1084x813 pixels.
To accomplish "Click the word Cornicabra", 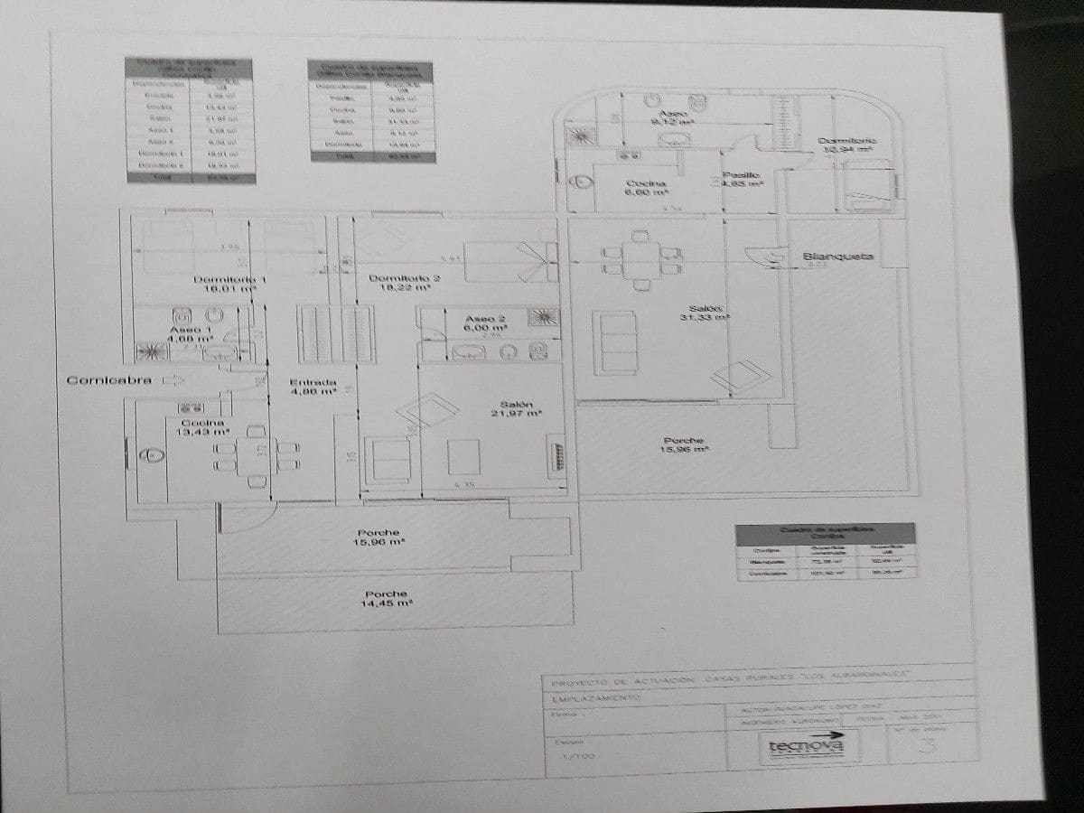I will [x=108, y=380].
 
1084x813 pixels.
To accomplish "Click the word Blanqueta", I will [x=838, y=257].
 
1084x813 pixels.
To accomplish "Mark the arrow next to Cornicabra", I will [x=173, y=380].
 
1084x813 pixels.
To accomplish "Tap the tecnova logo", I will [x=806, y=746].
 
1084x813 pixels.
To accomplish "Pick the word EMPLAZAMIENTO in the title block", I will [x=595, y=698].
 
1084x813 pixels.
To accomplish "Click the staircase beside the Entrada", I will [x=336, y=334].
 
